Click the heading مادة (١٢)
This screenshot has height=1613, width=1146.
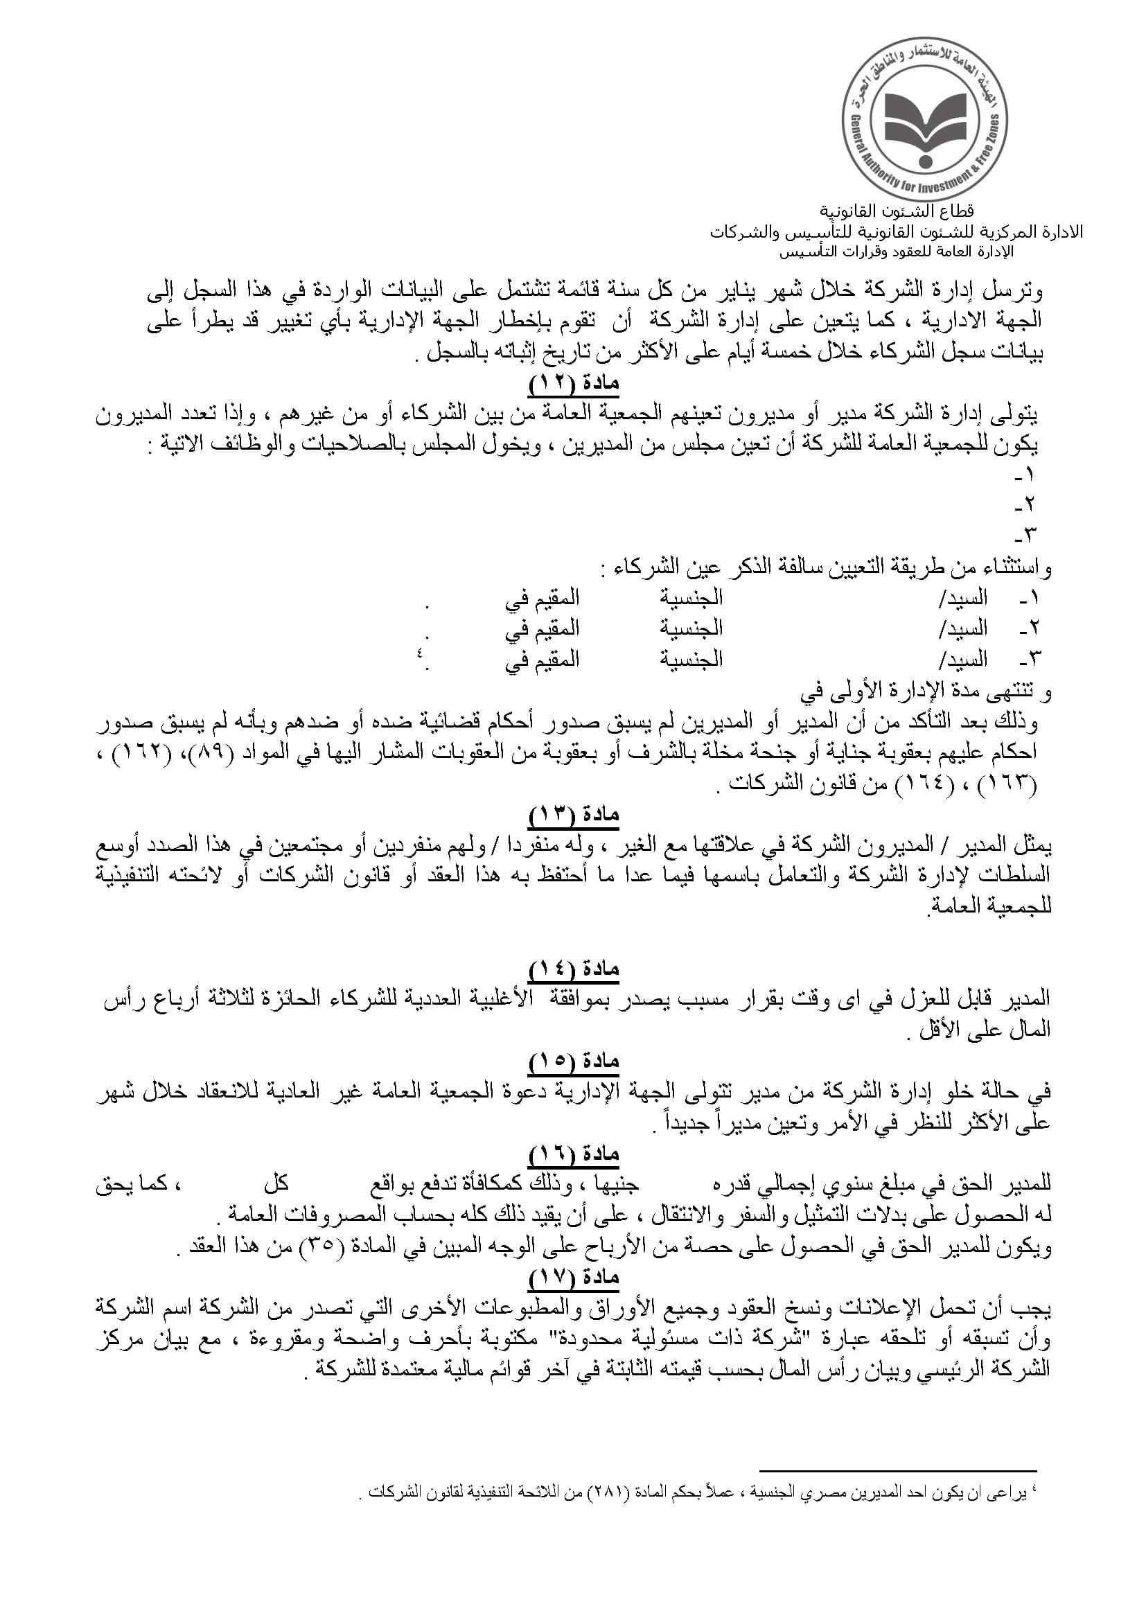pyautogui.click(x=574, y=384)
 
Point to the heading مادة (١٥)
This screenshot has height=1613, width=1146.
pyautogui.click(x=574, y=1062)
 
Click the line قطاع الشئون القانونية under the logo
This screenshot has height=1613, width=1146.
pyautogui.click(x=896, y=211)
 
